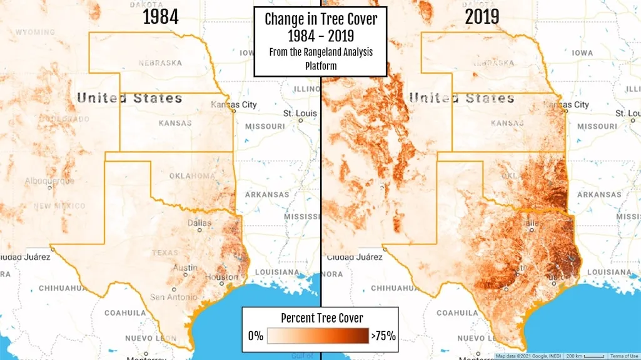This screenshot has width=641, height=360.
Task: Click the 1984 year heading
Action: coord(161,17)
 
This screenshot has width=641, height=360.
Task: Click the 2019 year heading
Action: coord(482,17)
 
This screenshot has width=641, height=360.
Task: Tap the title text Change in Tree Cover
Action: coord(321,19)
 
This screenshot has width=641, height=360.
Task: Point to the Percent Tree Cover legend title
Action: coord(321,317)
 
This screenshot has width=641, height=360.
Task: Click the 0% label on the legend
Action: coord(255,336)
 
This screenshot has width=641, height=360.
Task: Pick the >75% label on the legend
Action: coord(383,336)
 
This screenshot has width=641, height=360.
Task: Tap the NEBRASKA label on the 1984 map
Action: coord(160,62)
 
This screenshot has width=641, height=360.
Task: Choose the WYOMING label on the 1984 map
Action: coord(35,32)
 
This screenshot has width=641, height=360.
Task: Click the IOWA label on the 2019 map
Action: coord(582,53)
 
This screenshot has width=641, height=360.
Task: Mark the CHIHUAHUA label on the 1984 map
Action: coord(63,288)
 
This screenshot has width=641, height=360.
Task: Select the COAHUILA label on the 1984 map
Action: coord(124,312)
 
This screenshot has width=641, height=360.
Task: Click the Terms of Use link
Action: coord(623,356)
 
